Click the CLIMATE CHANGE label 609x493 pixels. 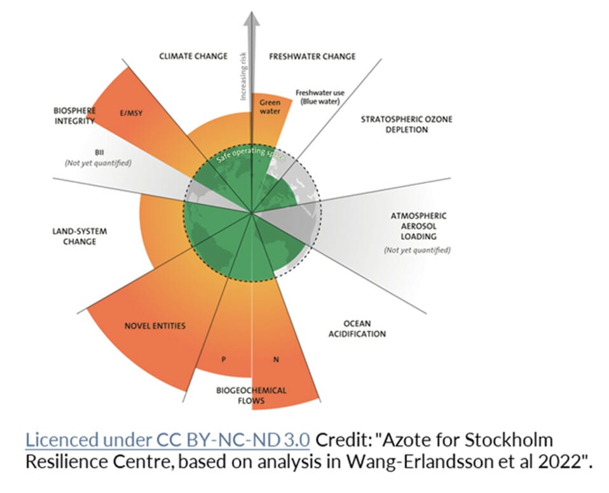193,56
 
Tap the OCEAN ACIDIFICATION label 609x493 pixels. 357,328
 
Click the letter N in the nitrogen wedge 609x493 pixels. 276,360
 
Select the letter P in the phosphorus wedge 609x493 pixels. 224,359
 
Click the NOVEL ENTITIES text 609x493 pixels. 155,326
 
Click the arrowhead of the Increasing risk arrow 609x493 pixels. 253,15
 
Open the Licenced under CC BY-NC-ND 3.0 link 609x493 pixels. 167,440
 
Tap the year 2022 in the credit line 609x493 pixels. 556,461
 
